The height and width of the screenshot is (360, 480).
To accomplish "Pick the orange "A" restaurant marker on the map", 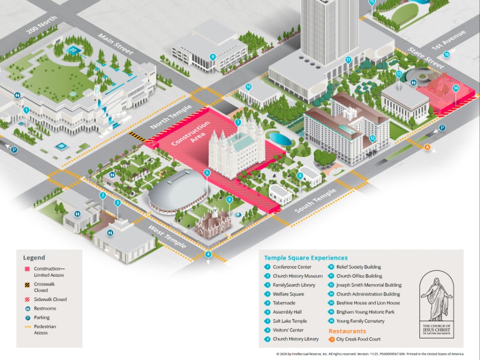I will point(427,147).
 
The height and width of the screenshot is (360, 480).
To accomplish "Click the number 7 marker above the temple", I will point(238,122).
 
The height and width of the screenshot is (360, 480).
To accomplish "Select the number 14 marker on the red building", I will point(455,88).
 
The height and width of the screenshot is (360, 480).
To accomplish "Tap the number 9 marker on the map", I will point(212,56).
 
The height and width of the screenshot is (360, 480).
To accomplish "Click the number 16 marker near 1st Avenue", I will point(446,54).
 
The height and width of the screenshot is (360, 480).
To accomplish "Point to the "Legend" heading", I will point(34,258).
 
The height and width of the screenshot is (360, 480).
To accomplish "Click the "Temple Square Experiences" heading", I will point(299,258).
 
